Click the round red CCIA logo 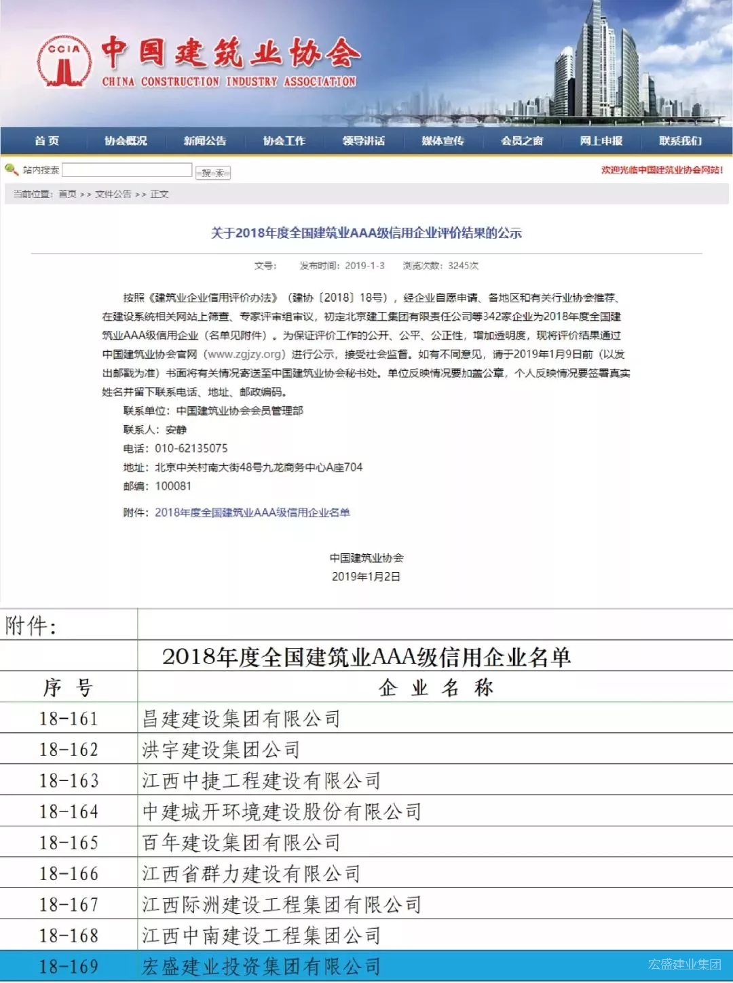click(x=64, y=62)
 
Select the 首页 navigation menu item click(x=47, y=141)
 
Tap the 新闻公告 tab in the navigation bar click(x=205, y=141)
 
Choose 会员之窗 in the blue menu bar click(x=522, y=141)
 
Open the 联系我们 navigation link click(x=680, y=141)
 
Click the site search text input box click(x=127, y=170)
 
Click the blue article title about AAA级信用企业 click(x=366, y=233)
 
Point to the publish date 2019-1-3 click(x=364, y=266)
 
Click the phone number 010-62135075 click(x=191, y=449)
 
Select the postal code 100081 click(x=173, y=486)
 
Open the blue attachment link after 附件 click(x=252, y=513)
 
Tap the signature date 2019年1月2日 click(x=366, y=577)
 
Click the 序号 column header click(x=68, y=687)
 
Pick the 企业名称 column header click(x=435, y=687)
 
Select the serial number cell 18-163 click(x=69, y=781)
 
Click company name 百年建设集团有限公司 click(x=241, y=843)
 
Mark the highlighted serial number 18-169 click(x=69, y=967)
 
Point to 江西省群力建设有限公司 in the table click(x=251, y=874)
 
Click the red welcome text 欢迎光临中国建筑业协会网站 click(x=662, y=170)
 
